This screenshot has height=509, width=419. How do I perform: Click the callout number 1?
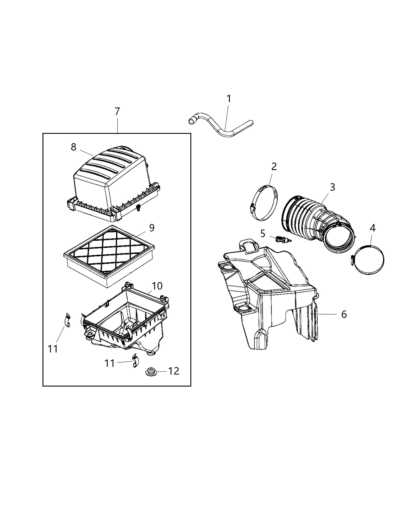229,99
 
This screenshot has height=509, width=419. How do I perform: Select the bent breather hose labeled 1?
219,127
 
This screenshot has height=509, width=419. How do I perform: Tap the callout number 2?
274,166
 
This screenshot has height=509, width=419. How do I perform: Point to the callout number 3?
332,187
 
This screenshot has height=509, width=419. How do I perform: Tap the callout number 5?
263,233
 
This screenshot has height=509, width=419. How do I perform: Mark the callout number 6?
344,314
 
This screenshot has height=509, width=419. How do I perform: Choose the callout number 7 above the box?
117,112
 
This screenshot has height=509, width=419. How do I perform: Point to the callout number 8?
73,147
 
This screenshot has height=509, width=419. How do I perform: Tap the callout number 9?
152,228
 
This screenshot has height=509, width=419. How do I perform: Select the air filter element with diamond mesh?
109,252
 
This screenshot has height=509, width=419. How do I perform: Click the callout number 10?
157,286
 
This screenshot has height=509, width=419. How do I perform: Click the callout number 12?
174,371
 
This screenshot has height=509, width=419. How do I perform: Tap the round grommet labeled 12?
151,372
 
